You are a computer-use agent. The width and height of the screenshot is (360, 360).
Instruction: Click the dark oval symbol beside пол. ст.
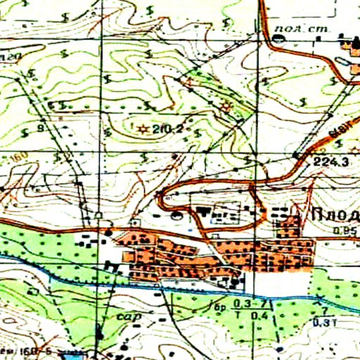[x=280, y=39]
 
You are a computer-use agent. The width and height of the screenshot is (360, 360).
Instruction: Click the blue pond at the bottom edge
[x=70, y=351]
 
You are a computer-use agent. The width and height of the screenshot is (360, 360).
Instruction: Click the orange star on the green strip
[x=226, y=106]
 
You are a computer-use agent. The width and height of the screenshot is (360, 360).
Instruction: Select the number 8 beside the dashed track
[x=40, y=128]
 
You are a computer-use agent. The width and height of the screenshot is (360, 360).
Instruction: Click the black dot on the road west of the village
[x=108, y=230]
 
